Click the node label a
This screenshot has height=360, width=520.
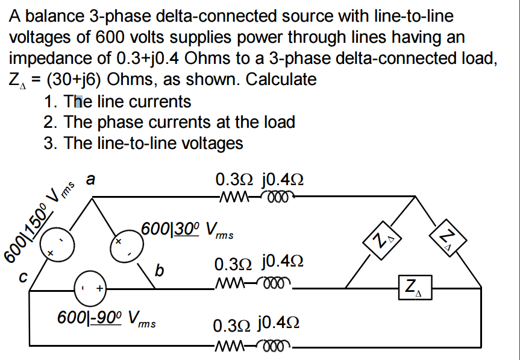tap(90, 179)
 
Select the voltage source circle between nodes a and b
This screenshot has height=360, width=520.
tap(127, 245)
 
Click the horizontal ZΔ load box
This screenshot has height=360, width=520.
tap(414, 286)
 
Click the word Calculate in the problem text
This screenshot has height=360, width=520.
tap(281, 79)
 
